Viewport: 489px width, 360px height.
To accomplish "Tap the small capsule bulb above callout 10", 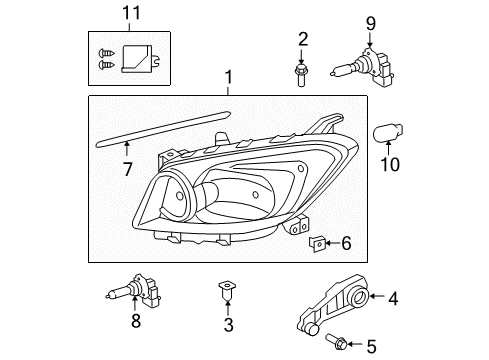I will pyautogui.click(x=389, y=133).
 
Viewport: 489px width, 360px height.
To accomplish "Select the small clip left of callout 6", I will pyautogui.click(x=319, y=243).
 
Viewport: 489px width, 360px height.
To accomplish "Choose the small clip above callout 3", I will pyautogui.click(x=228, y=291).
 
